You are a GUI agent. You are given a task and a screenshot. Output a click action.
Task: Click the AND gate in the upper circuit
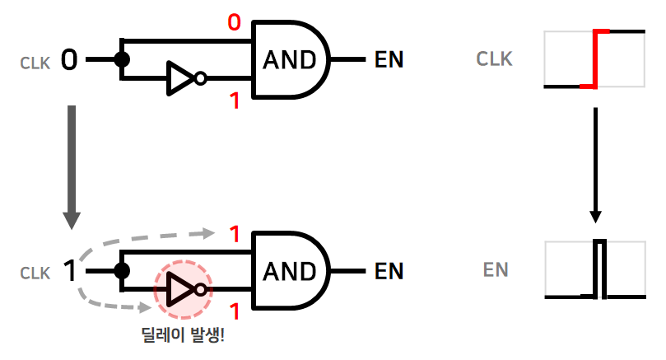point(288,59)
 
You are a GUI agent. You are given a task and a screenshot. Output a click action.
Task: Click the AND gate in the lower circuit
point(288,271)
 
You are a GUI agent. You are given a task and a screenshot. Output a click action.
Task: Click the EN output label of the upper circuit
point(389,59)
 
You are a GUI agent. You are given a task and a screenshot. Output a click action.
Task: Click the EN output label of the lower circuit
point(389,271)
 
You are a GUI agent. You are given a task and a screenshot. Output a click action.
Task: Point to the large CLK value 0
point(69,59)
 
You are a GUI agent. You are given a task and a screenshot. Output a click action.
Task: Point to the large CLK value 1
point(70,270)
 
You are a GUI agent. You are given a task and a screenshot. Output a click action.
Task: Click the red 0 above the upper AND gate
point(234,22)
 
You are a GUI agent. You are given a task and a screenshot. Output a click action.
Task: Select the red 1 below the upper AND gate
point(235,101)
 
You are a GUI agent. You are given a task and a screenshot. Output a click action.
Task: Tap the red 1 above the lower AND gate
point(235,234)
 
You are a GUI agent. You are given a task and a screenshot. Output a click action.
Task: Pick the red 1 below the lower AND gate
point(235,312)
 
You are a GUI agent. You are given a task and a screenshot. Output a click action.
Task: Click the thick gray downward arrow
point(72,165)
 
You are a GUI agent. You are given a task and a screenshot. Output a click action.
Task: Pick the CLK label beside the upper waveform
point(494,59)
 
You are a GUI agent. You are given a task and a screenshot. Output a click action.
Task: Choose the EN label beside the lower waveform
point(496,269)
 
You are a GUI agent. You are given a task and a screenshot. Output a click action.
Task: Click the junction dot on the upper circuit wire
point(123,59)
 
